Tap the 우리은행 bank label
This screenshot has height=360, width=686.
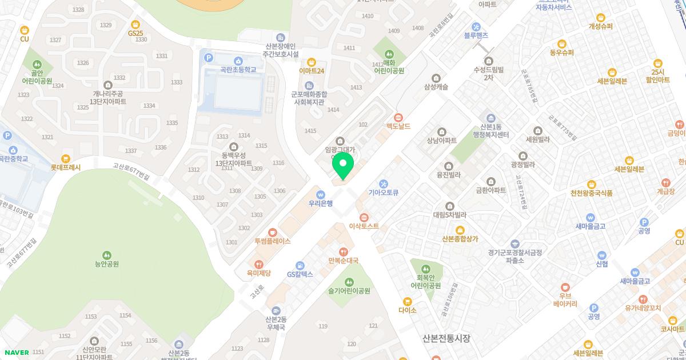[x=320, y=203]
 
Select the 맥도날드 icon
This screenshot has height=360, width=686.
[x=398, y=117]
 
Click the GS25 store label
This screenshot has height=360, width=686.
[x=135, y=33]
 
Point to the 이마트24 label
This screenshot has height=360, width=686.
[x=312, y=71]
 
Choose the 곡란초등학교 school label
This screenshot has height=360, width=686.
[x=238, y=69]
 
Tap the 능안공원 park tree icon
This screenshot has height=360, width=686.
[x=106, y=255]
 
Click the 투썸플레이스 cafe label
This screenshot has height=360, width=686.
[x=273, y=241]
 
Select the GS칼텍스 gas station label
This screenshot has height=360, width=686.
[x=300, y=274]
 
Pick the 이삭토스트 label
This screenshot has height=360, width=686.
[x=364, y=226]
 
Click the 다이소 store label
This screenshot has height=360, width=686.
[x=408, y=310]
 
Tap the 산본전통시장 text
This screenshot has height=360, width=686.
[x=446, y=338]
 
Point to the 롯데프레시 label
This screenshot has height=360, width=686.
[x=66, y=167]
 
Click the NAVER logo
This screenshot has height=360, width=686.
[x=16, y=353]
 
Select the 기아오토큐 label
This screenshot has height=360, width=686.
[x=383, y=193]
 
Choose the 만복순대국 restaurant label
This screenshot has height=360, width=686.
[x=343, y=261]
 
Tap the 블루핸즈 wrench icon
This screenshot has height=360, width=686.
[x=476, y=26]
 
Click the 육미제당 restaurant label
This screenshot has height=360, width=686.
[x=259, y=273]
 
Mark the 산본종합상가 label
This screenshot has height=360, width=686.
[x=460, y=239]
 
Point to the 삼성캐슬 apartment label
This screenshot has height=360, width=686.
[x=436, y=87]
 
